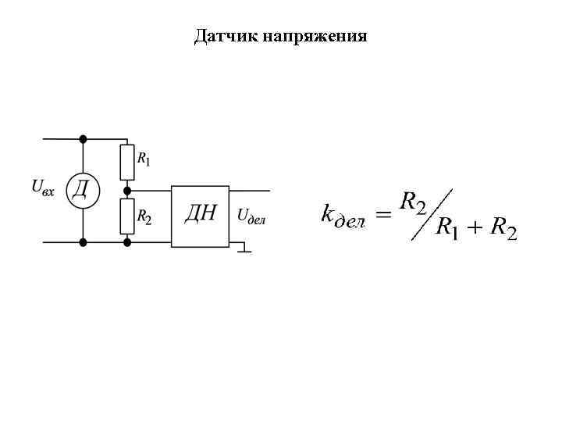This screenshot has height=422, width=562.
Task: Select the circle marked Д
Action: tap(83, 189)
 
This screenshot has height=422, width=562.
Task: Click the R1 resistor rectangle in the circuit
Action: tap(127, 162)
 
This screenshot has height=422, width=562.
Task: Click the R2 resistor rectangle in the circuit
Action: tap(127, 216)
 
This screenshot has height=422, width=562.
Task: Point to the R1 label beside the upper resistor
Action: tap(144, 159)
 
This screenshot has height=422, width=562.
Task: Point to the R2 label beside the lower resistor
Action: tap(144, 216)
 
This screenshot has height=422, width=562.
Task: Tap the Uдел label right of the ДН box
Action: tap(251, 216)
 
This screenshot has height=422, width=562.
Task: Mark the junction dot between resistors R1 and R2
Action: tap(127, 189)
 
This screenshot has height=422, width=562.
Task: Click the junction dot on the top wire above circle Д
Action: tap(83, 139)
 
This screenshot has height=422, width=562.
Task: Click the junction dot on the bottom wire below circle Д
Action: tap(83, 242)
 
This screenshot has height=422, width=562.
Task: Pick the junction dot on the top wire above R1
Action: tap(127, 139)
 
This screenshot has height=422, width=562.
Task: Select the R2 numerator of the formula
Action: tap(412, 203)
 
